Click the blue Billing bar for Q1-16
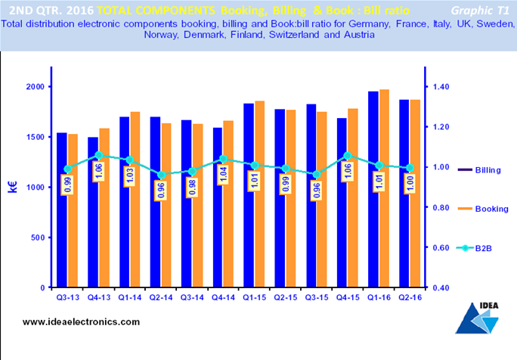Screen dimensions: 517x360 coord(373,189)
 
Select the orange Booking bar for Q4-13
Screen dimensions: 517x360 coord(104,208)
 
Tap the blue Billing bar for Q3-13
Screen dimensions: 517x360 coord(62,209)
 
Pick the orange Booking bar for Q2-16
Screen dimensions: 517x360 coord(416,194)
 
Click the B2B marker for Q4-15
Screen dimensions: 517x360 coord(348,156)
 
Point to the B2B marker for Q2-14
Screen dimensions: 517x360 coord(161,175)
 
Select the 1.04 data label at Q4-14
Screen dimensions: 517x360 coord(223,174)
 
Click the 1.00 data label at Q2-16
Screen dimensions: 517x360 coord(410,184)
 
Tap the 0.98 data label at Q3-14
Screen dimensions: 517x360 coord(192,187)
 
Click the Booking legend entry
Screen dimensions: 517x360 coord(484,209)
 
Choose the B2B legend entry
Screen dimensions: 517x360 coord(475,248)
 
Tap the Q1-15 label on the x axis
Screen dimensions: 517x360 coord(254,298)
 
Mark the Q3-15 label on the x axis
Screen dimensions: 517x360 coord(317,298)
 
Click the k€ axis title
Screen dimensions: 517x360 coord(13,187)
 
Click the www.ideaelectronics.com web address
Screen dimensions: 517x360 coord(81,321)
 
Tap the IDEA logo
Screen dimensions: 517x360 coord(477,318)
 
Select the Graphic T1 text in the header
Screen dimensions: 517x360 coord(480,11)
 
